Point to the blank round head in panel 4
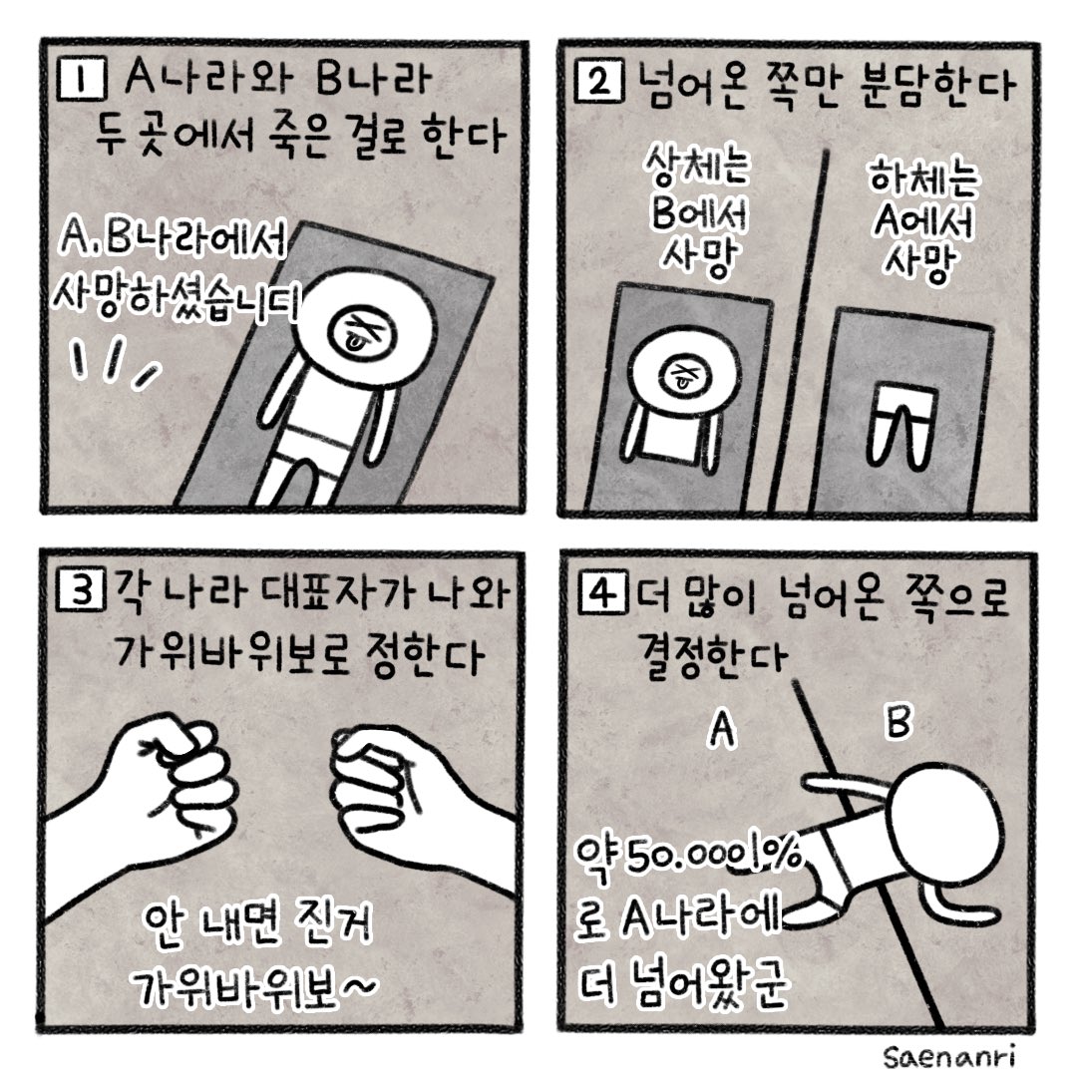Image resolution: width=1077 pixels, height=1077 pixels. pos(947,820)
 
